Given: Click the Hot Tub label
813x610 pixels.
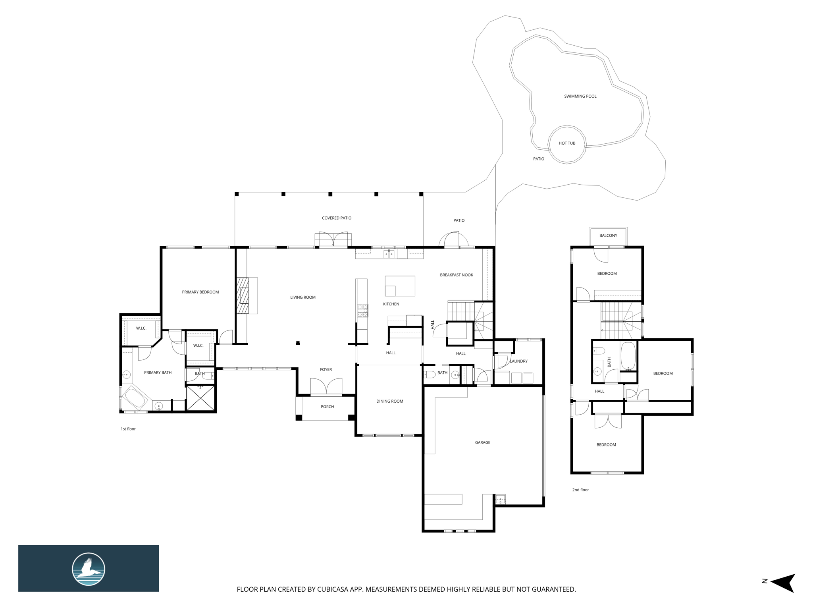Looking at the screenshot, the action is (x=567, y=143).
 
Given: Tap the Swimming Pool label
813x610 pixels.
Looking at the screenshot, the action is (x=580, y=96).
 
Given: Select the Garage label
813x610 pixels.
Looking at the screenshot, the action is (x=483, y=442).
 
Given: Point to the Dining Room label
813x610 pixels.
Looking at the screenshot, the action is (x=390, y=401).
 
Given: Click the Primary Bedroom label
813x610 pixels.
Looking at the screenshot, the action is (x=200, y=292).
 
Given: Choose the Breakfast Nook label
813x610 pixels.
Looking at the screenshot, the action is (x=457, y=275).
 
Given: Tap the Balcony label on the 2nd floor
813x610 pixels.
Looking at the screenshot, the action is (x=609, y=236).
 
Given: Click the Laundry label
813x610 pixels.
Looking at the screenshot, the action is (x=519, y=361).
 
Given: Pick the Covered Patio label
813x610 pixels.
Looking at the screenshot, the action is (x=337, y=218).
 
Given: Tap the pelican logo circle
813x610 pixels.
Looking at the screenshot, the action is (x=89, y=569).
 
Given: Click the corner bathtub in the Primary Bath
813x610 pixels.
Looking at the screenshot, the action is (x=135, y=398).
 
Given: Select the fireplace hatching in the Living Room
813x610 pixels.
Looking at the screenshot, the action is (x=243, y=296).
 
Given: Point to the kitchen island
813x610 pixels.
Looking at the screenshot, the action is (x=400, y=286).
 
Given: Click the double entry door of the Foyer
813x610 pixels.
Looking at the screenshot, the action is (x=326, y=386).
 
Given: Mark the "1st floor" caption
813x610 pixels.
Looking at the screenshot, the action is (x=128, y=429).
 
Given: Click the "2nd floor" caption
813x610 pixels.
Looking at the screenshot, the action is (x=580, y=490).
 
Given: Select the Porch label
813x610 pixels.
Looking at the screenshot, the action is (x=328, y=407).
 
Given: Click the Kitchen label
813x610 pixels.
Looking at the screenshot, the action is (x=391, y=304).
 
